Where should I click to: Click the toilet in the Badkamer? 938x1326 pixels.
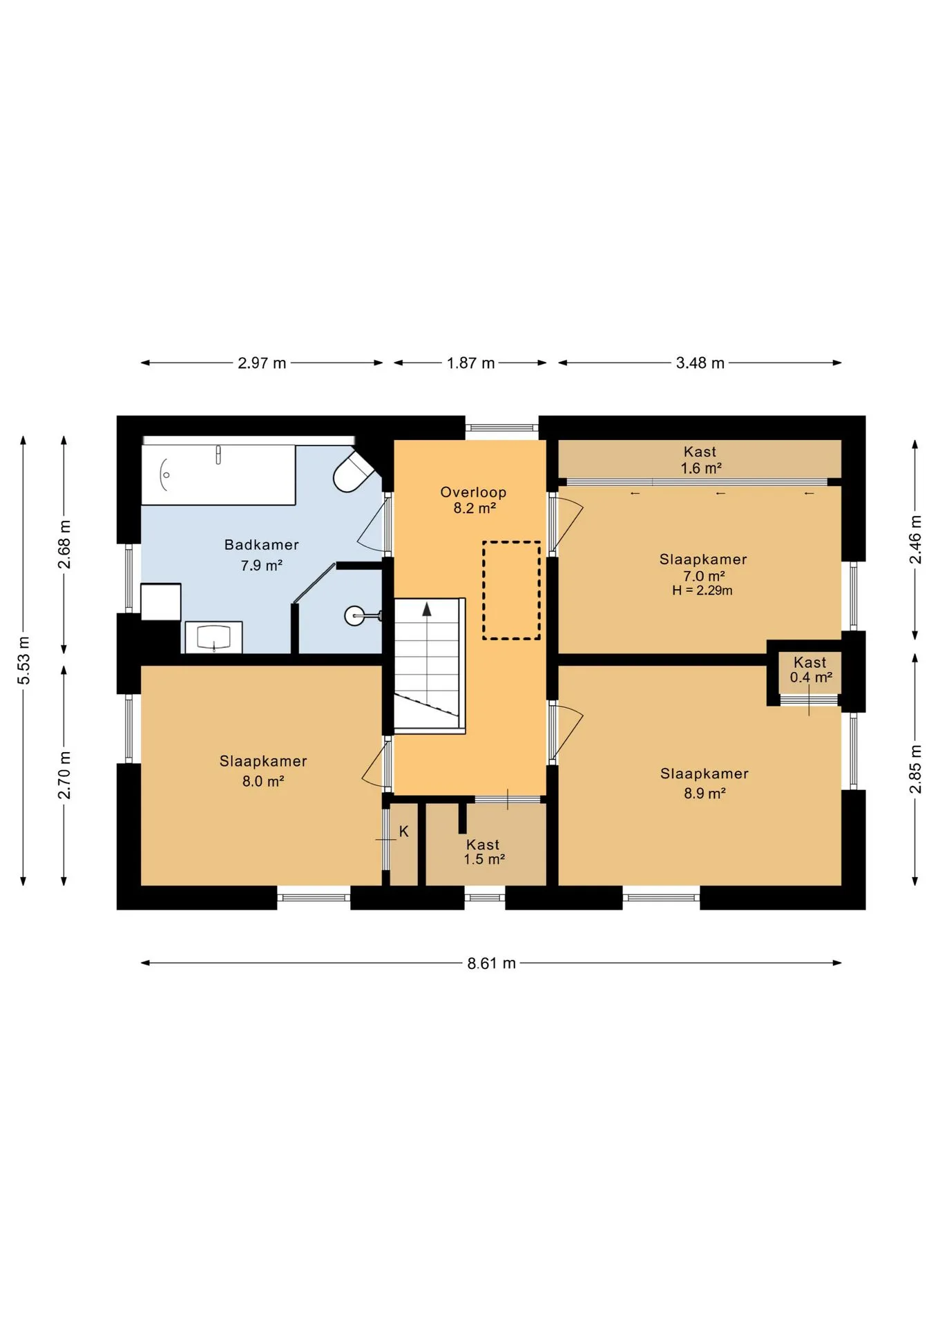(x=354, y=472)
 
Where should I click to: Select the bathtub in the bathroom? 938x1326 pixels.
(x=218, y=474)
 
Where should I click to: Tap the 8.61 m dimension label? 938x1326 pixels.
(x=491, y=963)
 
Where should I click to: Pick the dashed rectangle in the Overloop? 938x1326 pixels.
(x=511, y=590)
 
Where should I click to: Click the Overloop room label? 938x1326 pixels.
(x=473, y=500)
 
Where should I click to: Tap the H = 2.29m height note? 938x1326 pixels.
(x=702, y=590)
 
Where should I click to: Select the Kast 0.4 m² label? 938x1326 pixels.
(x=810, y=670)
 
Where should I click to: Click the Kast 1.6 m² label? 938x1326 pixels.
(x=700, y=460)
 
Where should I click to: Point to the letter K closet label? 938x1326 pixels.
(x=404, y=832)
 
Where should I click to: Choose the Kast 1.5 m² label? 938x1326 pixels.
(x=484, y=852)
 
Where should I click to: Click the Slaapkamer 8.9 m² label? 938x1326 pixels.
(x=705, y=783)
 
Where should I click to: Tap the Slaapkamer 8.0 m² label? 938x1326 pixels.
(x=263, y=771)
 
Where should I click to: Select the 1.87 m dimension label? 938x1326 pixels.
(x=470, y=363)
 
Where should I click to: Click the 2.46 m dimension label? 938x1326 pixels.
(x=915, y=539)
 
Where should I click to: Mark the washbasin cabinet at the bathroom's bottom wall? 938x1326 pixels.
(x=213, y=637)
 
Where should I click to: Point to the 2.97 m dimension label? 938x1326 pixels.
(x=262, y=363)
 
